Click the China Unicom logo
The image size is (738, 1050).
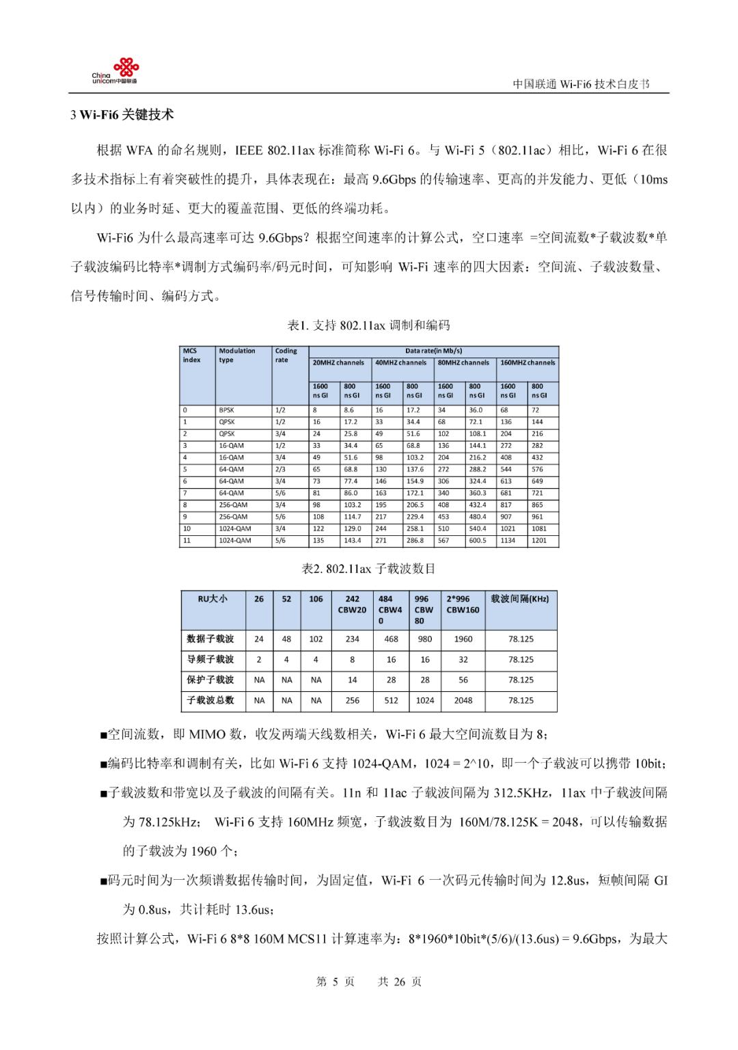(x=115, y=72)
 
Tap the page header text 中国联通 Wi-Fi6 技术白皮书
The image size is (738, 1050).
(x=581, y=84)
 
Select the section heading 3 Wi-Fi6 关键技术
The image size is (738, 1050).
(x=122, y=115)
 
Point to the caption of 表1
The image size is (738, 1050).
(x=369, y=325)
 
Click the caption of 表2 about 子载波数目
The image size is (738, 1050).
(x=369, y=569)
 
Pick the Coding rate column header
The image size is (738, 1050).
(x=286, y=355)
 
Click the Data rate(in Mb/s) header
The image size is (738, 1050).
(x=433, y=351)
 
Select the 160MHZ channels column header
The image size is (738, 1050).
(x=528, y=363)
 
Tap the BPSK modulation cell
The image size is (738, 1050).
(x=226, y=410)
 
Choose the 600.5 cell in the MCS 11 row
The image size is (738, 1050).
(x=477, y=541)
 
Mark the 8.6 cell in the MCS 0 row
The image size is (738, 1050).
(x=349, y=410)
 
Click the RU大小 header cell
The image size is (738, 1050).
(x=213, y=599)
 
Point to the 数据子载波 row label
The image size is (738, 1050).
(x=210, y=639)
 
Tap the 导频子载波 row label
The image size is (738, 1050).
(x=210, y=660)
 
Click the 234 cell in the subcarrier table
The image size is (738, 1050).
(x=352, y=639)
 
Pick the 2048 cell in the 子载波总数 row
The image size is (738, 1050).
(x=463, y=701)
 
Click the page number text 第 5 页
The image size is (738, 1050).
(x=335, y=982)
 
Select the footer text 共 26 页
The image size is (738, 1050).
(x=400, y=982)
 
